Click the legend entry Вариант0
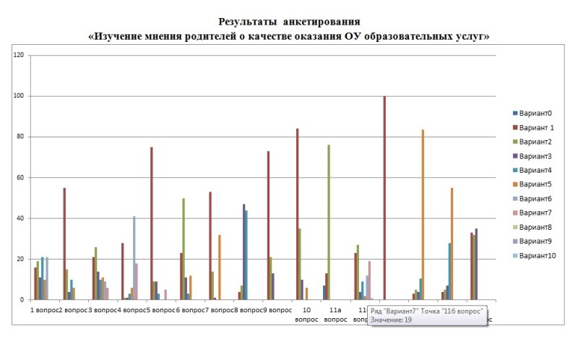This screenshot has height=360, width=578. (533, 113)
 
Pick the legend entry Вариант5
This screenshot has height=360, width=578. (533, 184)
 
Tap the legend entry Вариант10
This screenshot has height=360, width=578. (535, 255)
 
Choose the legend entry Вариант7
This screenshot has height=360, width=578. (533, 213)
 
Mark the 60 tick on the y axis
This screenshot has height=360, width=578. (20, 178)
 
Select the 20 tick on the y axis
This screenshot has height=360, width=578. (20, 260)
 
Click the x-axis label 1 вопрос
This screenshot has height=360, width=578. (43, 309)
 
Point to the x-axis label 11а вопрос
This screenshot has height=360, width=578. (335, 314)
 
